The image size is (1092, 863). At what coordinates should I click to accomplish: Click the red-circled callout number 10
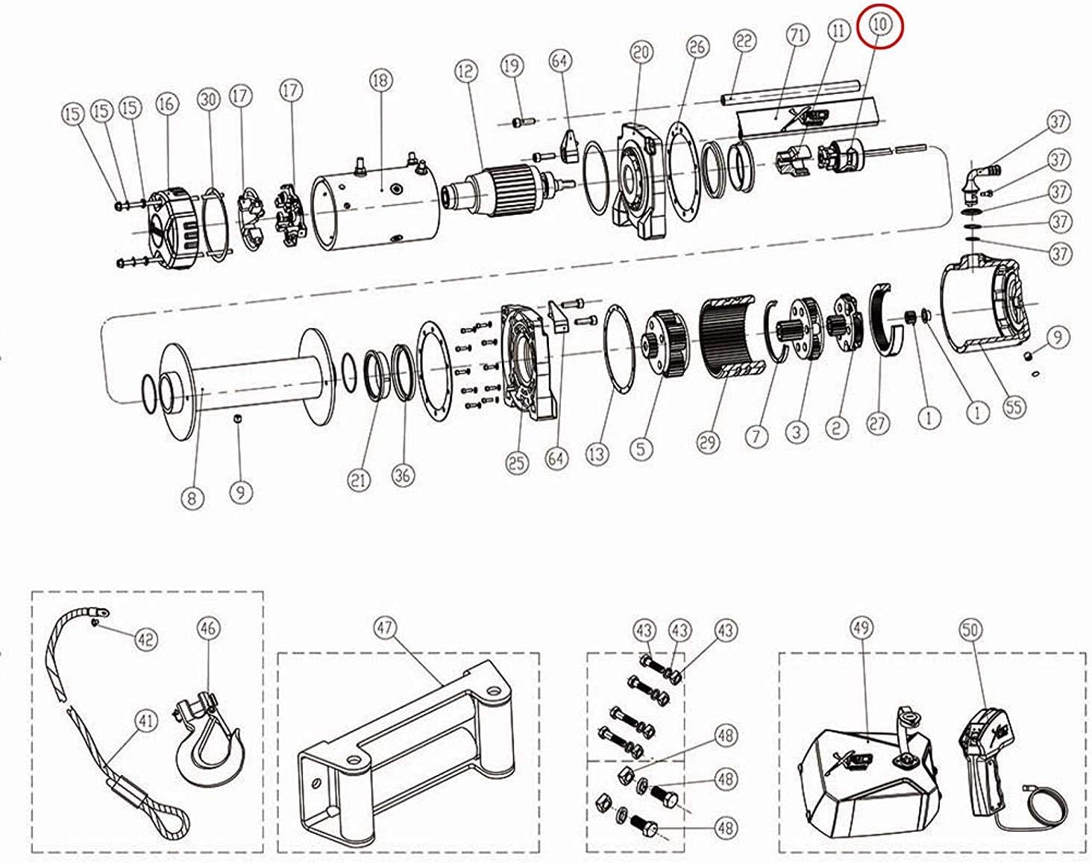click(x=880, y=24)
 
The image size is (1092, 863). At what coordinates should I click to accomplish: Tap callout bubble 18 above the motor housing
click(x=380, y=79)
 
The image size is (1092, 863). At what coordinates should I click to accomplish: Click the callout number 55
click(x=1014, y=407)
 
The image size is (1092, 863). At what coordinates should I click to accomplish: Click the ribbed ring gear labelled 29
click(x=735, y=336)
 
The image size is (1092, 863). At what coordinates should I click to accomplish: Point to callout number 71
click(x=798, y=35)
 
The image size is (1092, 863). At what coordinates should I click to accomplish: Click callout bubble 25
click(x=516, y=463)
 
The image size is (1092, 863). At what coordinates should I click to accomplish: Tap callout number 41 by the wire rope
click(x=146, y=721)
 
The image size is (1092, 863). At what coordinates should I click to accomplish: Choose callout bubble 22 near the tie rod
click(x=744, y=41)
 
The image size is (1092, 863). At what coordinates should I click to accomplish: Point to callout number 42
click(x=146, y=638)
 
